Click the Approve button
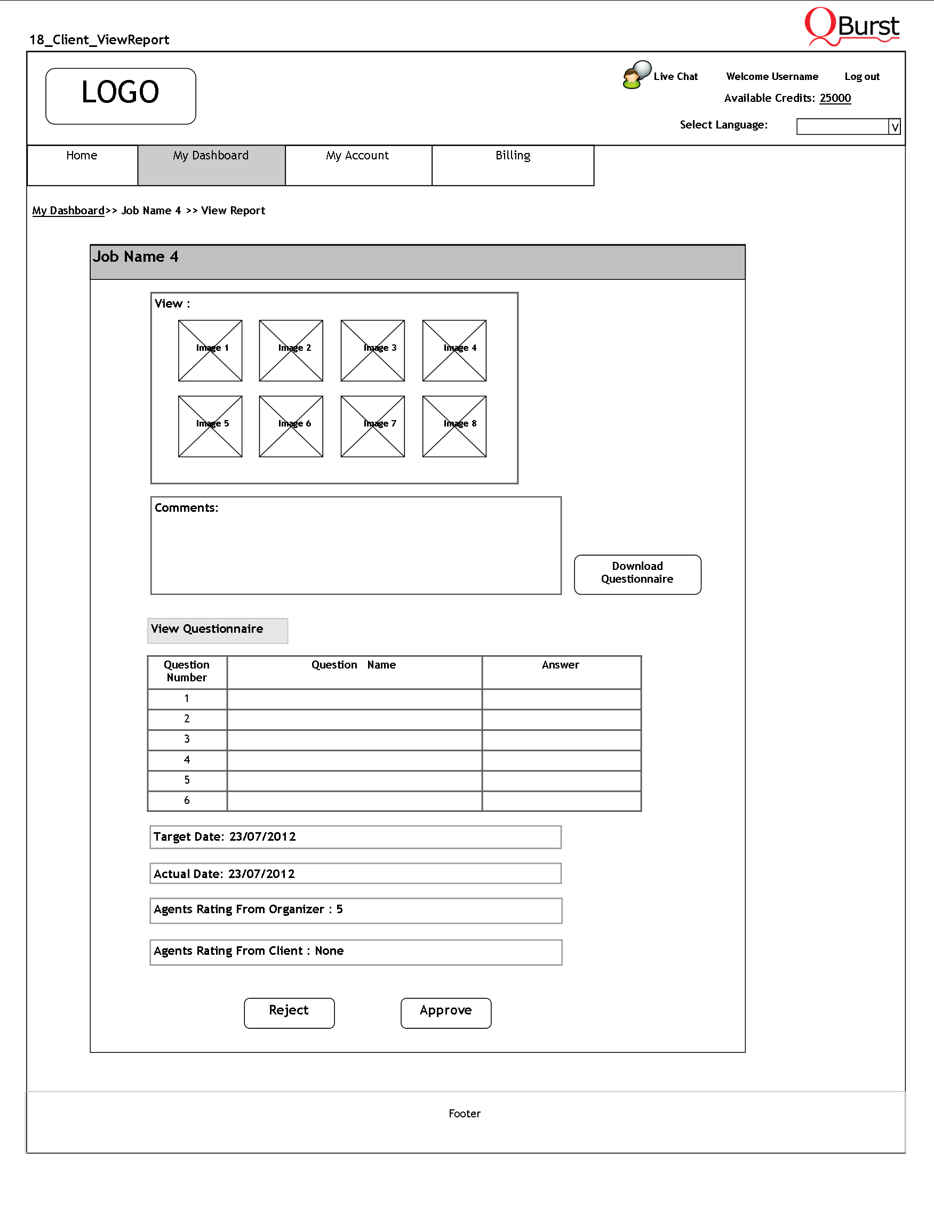coord(445,1013)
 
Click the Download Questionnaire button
coord(637,575)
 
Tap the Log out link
coord(861,76)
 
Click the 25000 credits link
coord(835,98)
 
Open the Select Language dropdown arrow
coord(894,127)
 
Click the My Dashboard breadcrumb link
coord(68,211)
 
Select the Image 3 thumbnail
coord(372,351)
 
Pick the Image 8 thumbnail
coord(454,426)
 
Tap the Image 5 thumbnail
coord(210,426)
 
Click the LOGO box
coord(121,96)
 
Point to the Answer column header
coord(561,665)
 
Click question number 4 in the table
coord(187,760)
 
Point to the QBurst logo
coord(851,26)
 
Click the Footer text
coord(464,1114)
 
